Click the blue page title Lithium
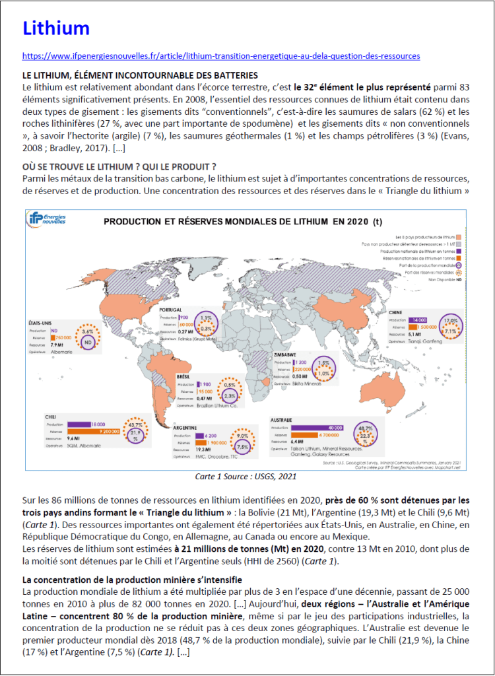pyautogui.click(x=56, y=28)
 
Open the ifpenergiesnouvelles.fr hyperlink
pyautogui.click(x=221, y=56)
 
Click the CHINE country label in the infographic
pyautogui.click(x=396, y=312)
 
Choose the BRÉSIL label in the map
pyautogui.click(x=183, y=375)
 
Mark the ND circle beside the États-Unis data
pyautogui.click(x=86, y=342)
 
